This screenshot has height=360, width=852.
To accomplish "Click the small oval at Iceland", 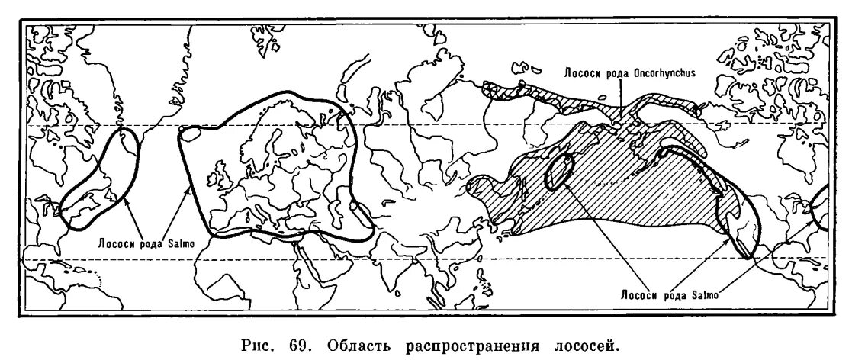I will [x=190, y=133].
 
